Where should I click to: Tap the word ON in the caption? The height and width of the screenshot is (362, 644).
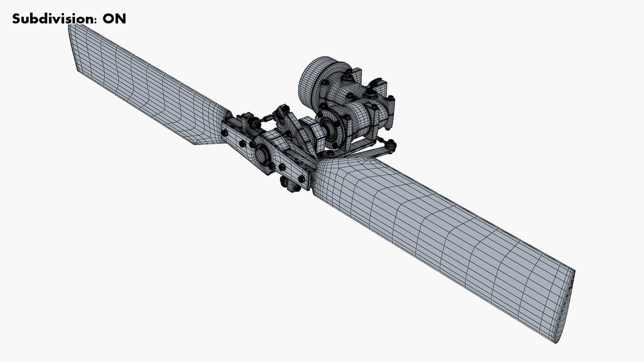point(114,19)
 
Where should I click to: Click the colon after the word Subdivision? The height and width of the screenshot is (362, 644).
point(96,20)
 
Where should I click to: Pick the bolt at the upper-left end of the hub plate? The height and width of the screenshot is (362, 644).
point(225,133)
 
